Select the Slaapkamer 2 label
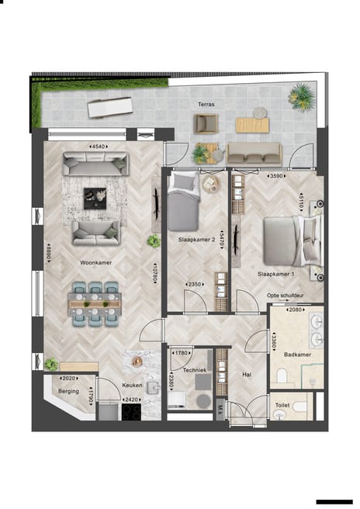tap(196, 241)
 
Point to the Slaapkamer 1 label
tap(278, 275)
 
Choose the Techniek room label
tap(195, 371)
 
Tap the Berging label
tap(68, 391)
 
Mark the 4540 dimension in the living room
tap(98, 146)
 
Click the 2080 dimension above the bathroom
tap(296, 310)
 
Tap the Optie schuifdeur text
tap(284, 296)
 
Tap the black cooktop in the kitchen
tap(130, 412)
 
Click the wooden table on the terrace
tap(252, 123)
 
